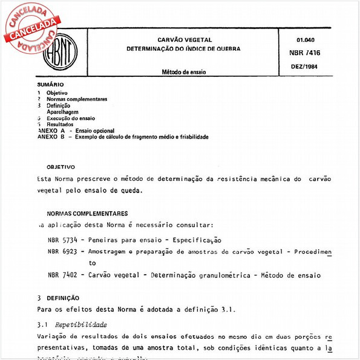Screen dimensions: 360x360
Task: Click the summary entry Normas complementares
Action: click(77, 99)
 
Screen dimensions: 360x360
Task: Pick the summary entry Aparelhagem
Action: click(63, 112)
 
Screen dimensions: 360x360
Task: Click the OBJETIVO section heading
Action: click(61, 166)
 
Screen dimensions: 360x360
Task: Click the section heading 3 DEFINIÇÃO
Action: click(58, 298)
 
